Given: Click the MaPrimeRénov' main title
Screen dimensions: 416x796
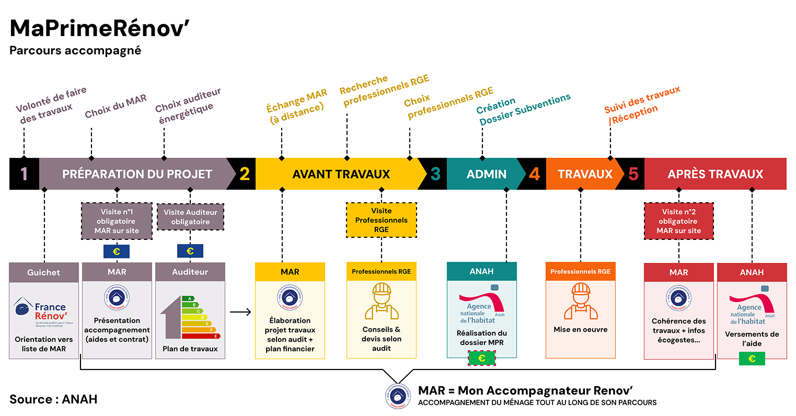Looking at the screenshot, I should coord(99,29).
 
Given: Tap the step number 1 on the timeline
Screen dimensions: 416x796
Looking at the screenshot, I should coord(24,174).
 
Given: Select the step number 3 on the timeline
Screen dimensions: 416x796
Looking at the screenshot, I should coord(435,174).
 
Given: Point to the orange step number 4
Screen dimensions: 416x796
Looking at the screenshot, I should coord(534,174).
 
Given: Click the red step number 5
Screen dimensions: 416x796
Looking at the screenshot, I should coord(633,174).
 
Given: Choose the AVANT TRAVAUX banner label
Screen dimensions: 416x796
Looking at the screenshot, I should coord(341,174).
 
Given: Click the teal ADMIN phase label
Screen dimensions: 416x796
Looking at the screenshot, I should coord(486,174).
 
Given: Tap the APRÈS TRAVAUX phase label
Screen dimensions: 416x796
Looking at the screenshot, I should coord(715,174).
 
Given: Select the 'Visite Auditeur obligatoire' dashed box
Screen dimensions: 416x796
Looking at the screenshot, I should coord(190,217).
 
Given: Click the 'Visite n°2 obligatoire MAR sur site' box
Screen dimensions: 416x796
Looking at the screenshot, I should coord(678,221).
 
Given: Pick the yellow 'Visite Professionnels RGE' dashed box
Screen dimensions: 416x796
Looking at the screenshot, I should coord(381,220).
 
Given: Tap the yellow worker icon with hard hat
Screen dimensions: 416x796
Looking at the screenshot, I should coord(382,302).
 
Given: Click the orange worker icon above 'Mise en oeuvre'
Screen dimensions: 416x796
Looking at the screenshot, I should coord(580,302).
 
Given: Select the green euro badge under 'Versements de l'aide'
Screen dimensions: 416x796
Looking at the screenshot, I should coord(752,359).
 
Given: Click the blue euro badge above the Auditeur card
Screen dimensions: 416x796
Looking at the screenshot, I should coord(190,251).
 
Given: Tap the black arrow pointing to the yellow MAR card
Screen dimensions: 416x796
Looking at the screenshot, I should coord(240,313).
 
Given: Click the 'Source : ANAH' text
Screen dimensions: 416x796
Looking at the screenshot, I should coord(53,399).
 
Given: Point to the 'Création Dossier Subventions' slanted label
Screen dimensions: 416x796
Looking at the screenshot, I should coord(523,110).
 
